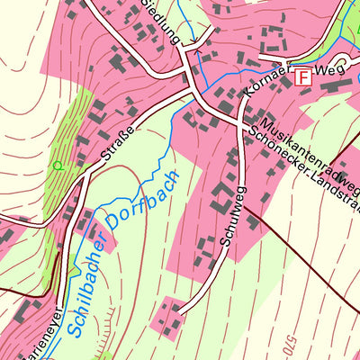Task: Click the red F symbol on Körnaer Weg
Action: tap(303, 77)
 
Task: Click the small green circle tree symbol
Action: tap(58, 166)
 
